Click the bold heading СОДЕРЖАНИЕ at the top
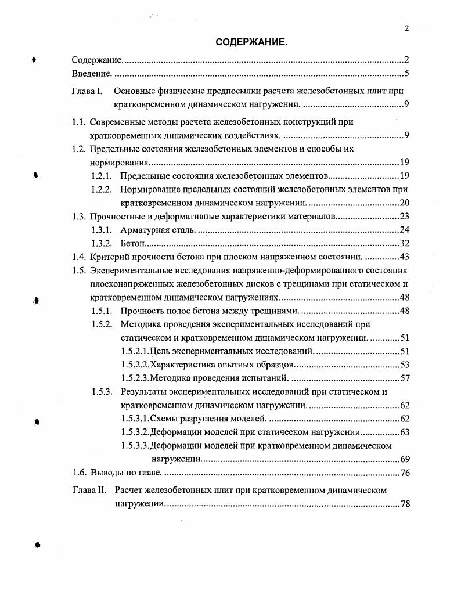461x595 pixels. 251,42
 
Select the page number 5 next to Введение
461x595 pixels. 408,74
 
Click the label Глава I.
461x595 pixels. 88,91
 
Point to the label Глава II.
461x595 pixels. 89,490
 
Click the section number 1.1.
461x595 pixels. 79,122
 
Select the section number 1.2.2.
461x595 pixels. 102,189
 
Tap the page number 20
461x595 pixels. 405,203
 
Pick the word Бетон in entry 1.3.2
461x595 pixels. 132,244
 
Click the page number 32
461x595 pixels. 405,244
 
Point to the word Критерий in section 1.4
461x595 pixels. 109,257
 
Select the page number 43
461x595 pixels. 405,257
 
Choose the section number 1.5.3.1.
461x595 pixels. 136,419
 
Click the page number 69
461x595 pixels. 405,459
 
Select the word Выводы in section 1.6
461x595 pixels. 107,473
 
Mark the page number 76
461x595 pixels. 405,473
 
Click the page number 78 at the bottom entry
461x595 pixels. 405,504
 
